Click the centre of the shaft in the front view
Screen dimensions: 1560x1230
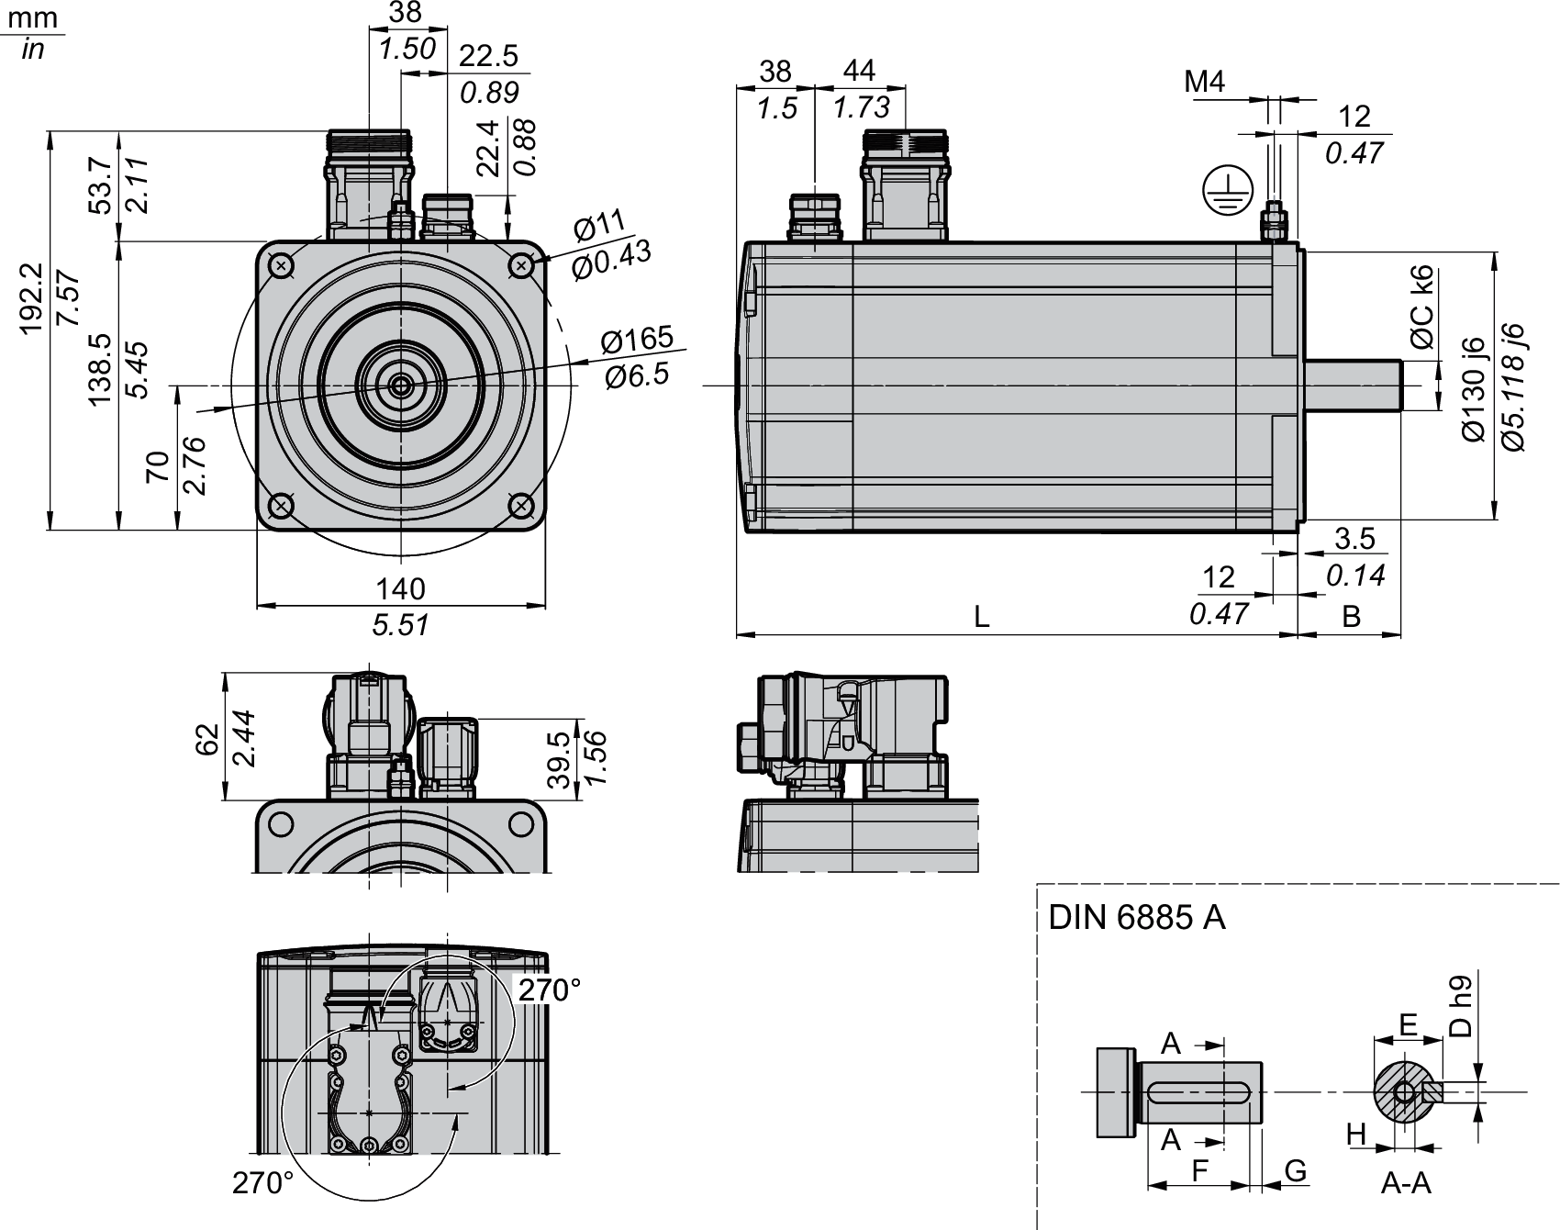(401, 386)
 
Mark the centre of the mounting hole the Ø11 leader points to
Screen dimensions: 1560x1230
(521, 266)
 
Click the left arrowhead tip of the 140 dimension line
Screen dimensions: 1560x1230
(257, 605)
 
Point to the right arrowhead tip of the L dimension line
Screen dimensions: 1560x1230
(1298, 634)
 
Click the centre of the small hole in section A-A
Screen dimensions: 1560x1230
(1404, 1091)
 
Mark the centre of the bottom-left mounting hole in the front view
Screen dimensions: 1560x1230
(281, 506)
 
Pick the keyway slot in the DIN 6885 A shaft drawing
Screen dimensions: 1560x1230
(1199, 1091)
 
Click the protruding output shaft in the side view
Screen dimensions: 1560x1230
(1351, 386)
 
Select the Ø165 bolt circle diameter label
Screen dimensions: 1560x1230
(637, 338)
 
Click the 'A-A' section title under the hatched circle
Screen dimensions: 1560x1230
(1406, 1183)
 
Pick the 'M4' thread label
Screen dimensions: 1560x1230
(1205, 82)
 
